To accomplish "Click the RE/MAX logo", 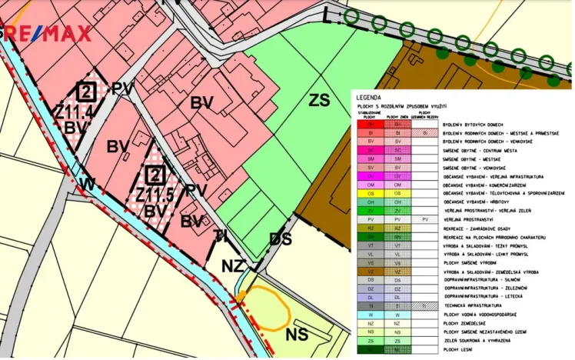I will (48, 32).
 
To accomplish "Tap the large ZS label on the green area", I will (319, 100).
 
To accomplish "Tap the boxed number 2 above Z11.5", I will (155, 174).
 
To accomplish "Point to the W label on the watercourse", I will (88, 184).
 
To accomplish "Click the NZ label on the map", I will (234, 266).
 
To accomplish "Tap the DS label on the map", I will (281, 239).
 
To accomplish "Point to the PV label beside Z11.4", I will (121, 89).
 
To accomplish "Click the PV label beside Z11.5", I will (197, 189).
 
